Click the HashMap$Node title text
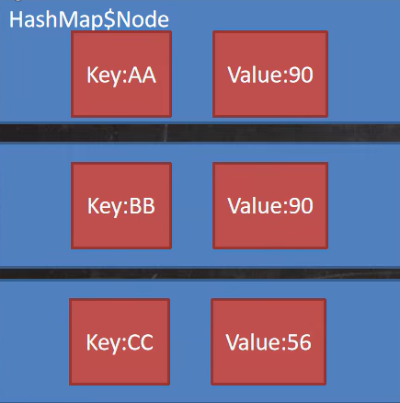tap(89, 20)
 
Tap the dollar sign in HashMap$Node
tap(109, 20)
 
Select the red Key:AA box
tap(121, 75)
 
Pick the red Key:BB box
tap(121, 205)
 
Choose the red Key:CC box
tap(120, 341)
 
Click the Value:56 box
tap(269, 341)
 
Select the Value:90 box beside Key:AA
tap(270, 75)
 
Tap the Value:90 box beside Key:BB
tap(270, 205)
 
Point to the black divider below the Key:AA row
tap(200, 132)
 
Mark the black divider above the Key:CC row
tap(200, 273)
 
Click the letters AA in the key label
tap(143, 75)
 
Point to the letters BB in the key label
tap(143, 206)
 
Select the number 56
tap(301, 342)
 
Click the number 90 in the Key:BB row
tap(302, 206)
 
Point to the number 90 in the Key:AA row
tap(302, 75)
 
